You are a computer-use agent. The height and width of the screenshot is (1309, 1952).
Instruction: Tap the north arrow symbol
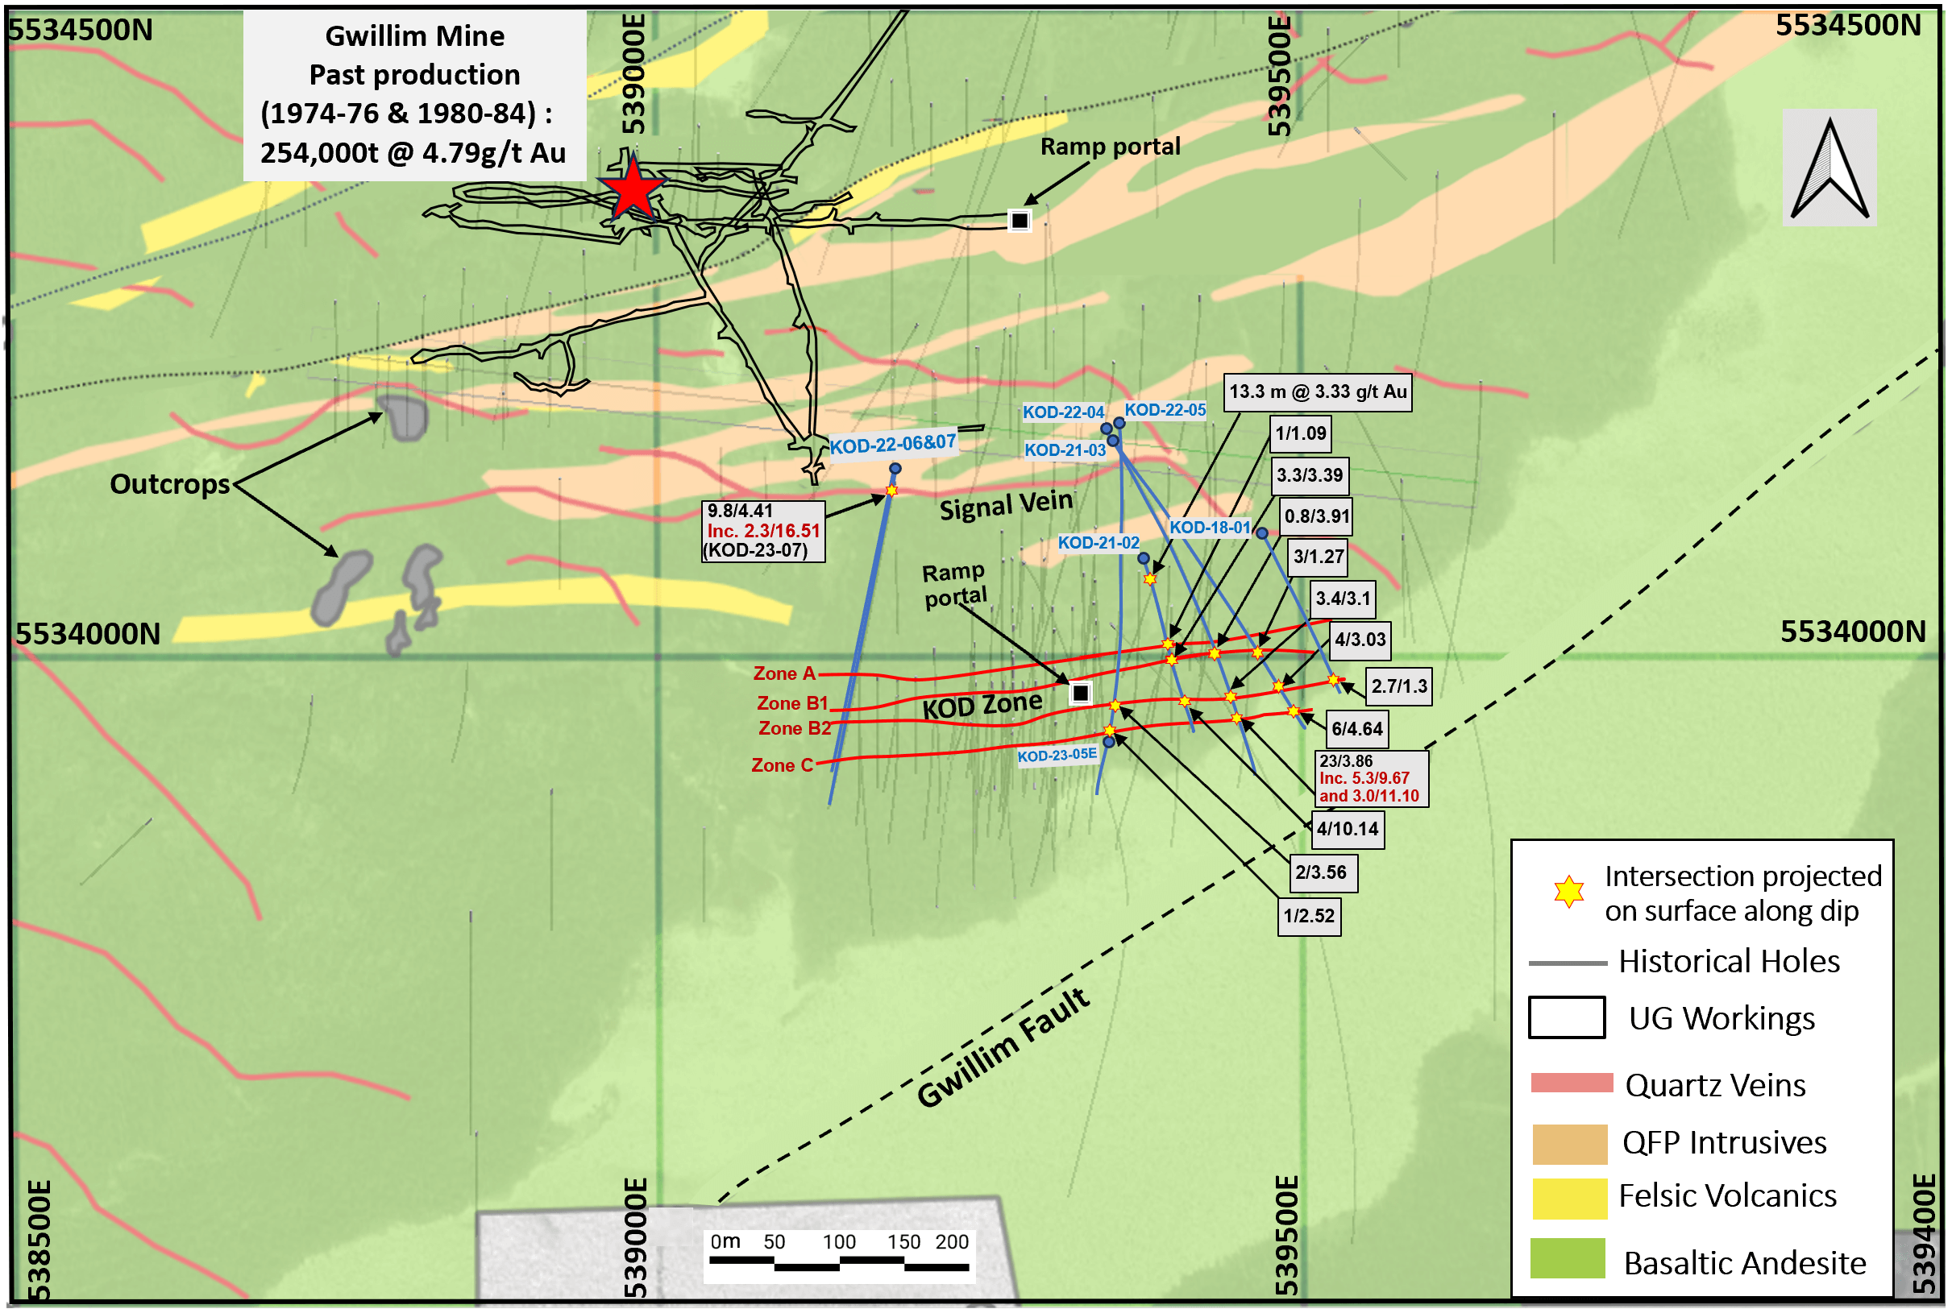coord(1829,168)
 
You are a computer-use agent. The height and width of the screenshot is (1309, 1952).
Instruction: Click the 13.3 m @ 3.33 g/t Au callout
coord(1318,392)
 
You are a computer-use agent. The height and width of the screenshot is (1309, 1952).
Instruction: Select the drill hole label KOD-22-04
coord(1063,412)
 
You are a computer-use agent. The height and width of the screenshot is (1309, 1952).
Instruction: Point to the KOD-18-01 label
coord(1210,528)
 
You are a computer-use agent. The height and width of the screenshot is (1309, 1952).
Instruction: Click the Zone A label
coord(783,673)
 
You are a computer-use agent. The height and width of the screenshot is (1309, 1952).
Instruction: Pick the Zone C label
coord(782,765)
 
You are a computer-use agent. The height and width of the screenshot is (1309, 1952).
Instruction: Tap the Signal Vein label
coord(1006,505)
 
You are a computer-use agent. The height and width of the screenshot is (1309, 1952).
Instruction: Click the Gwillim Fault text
coord(1004,1049)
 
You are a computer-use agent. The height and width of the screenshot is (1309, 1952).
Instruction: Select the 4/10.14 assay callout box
coord(1348,829)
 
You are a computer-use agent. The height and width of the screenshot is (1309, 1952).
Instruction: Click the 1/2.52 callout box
coord(1309,917)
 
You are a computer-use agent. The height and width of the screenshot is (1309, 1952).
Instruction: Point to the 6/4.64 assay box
coord(1356,729)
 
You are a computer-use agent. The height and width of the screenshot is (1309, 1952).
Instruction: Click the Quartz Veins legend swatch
coord(1571,1083)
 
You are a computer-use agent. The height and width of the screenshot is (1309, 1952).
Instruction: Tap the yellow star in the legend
coord(1568,892)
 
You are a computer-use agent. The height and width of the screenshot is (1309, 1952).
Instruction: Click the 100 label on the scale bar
coord(839,1242)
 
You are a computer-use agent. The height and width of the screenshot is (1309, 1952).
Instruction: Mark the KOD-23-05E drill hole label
coord(1057,756)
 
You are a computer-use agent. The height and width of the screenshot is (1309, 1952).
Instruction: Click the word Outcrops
coord(169,484)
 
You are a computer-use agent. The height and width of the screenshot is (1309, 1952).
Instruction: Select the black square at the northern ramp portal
coord(1019,221)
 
